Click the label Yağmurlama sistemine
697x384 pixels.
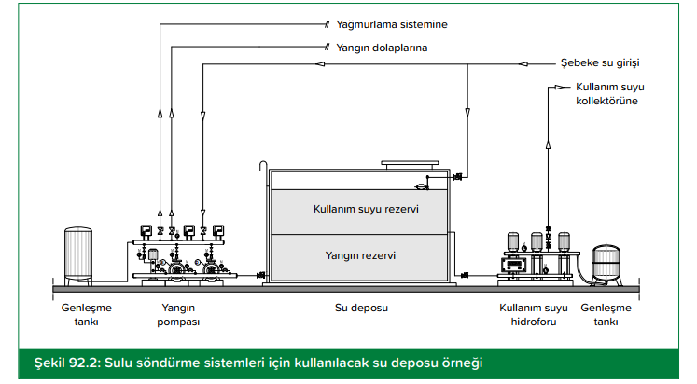pyautogui.click(x=392, y=25)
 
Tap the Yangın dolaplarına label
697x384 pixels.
pyautogui.click(x=382, y=48)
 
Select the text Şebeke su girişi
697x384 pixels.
pyautogui.click(x=600, y=63)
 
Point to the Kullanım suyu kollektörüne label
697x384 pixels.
pyautogui.click(x=610, y=93)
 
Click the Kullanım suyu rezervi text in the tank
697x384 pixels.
pyautogui.click(x=366, y=209)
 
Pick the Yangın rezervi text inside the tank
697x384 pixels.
pyautogui.click(x=360, y=255)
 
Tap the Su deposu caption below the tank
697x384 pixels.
pyautogui.click(x=361, y=309)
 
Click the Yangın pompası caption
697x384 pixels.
pyautogui.click(x=178, y=315)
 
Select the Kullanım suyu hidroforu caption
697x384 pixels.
pyautogui.click(x=534, y=315)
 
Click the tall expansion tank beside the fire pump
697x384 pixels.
pyautogui.click(x=78, y=256)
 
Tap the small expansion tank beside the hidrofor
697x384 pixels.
pyautogui.click(x=606, y=265)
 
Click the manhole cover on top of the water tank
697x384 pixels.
pyautogui.click(x=410, y=165)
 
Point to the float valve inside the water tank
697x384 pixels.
pyautogui.click(x=422, y=186)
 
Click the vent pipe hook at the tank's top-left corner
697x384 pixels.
pyautogui.click(x=263, y=166)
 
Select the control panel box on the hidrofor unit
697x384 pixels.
pyautogui.click(x=513, y=265)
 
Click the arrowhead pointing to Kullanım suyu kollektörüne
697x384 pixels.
pyautogui.click(x=561, y=88)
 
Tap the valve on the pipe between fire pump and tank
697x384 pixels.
pyautogui.click(x=261, y=276)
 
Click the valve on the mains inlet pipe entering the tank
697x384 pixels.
pyautogui.click(x=457, y=178)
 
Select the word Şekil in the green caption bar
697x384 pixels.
pyautogui.click(x=49, y=363)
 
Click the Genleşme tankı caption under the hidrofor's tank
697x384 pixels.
pyautogui.click(x=606, y=315)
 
